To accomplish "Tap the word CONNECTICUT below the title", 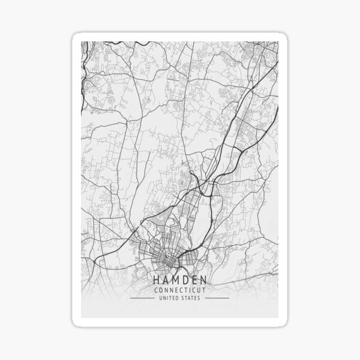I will (179, 290).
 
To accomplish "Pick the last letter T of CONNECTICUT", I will (202, 290).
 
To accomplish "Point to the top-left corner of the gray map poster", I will (81, 41).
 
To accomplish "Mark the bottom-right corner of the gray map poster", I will (279, 317).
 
